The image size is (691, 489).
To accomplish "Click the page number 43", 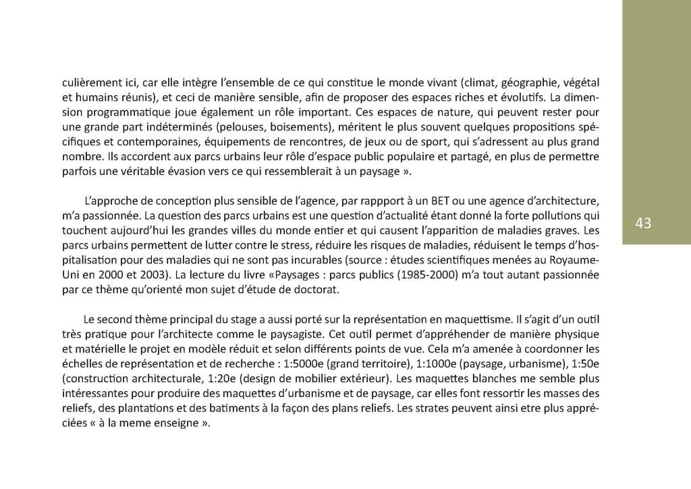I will (x=642, y=223).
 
